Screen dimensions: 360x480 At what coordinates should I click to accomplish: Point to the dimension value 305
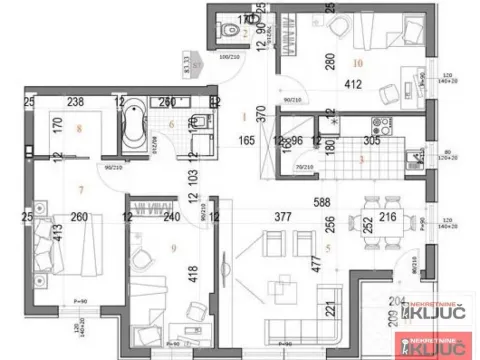[371, 142]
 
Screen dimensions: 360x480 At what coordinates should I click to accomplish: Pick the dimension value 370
[263, 116]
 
